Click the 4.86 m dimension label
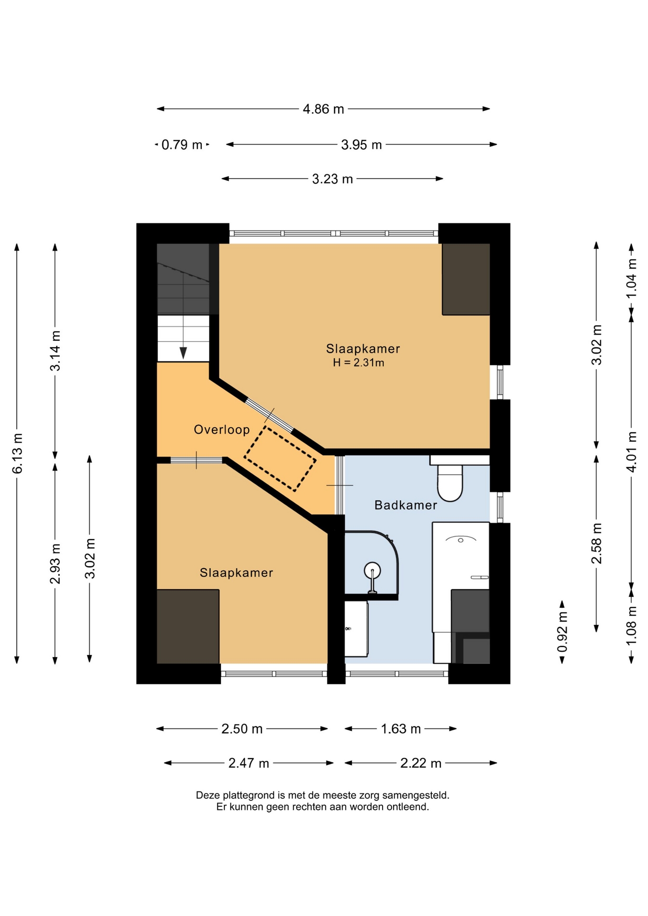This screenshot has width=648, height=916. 323,109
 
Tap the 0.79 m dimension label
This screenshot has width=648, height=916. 182,145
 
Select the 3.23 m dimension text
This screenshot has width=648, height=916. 332,179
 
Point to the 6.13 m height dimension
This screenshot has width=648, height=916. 18,453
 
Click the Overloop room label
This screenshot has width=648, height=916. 222,429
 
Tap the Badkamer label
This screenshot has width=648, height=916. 406,505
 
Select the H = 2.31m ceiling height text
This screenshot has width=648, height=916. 358,363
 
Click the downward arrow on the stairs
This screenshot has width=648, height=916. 183,353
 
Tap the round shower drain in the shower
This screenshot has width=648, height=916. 372,570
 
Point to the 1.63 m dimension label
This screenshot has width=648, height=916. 401,729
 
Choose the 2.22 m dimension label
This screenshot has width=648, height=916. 420,763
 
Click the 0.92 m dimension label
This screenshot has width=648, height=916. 563,632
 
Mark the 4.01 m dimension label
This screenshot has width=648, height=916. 631,451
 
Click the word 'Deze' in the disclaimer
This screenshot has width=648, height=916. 208,795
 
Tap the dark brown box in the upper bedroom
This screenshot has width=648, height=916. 466,279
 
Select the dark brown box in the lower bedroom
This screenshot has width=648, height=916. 188,626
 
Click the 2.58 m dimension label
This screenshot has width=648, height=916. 597,543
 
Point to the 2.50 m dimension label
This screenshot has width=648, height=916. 242,729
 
